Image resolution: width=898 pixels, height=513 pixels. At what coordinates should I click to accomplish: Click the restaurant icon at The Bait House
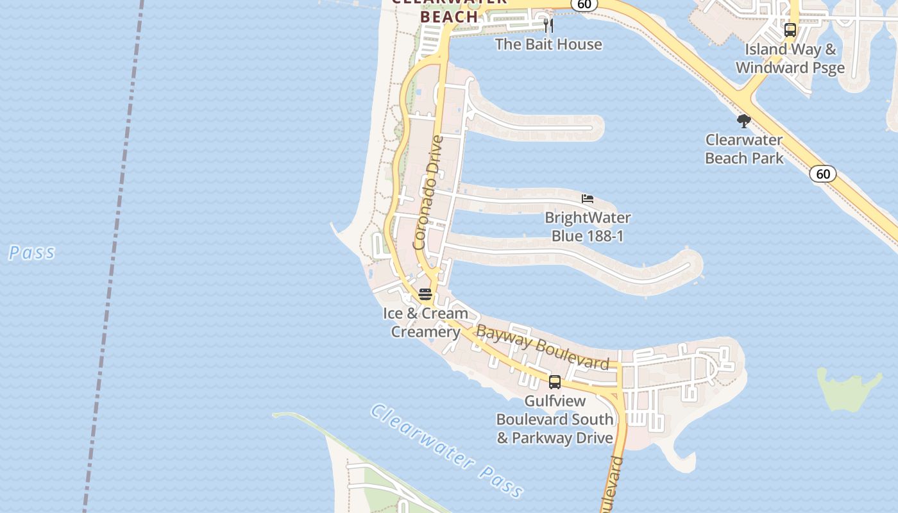click(548, 26)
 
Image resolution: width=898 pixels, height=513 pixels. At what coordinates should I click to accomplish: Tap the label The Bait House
click(548, 44)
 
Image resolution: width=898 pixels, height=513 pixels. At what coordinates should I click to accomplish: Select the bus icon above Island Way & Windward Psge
click(790, 30)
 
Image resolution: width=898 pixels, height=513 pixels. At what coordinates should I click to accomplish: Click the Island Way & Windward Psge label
click(790, 58)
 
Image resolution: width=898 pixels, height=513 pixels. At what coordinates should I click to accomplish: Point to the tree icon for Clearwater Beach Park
click(744, 121)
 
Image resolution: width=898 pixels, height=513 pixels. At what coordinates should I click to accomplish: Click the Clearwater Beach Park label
click(744, 149)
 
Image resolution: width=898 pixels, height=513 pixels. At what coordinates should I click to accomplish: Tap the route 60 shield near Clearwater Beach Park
click(823, 174)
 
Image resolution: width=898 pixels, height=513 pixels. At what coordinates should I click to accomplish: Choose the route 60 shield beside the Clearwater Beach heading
click(584, 4)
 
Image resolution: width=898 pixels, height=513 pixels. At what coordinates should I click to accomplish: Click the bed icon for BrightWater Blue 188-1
click(588, 199)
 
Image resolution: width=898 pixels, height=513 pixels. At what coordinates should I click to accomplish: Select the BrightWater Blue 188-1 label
click(588, 227)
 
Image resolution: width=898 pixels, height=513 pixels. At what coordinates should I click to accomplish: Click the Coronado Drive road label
click(428, 192)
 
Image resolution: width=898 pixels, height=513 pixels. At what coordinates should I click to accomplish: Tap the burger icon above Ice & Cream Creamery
click(425, 294)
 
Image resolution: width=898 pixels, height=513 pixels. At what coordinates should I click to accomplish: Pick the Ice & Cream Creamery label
click(425, 323)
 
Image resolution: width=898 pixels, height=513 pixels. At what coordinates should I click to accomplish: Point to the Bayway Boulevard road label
click(543, 348)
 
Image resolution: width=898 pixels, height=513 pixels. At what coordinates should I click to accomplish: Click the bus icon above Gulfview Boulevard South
click(555, 382)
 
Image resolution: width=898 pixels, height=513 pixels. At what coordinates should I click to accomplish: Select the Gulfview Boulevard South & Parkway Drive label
click(555, 419)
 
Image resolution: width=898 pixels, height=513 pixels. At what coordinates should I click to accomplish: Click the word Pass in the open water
click(31, 253)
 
